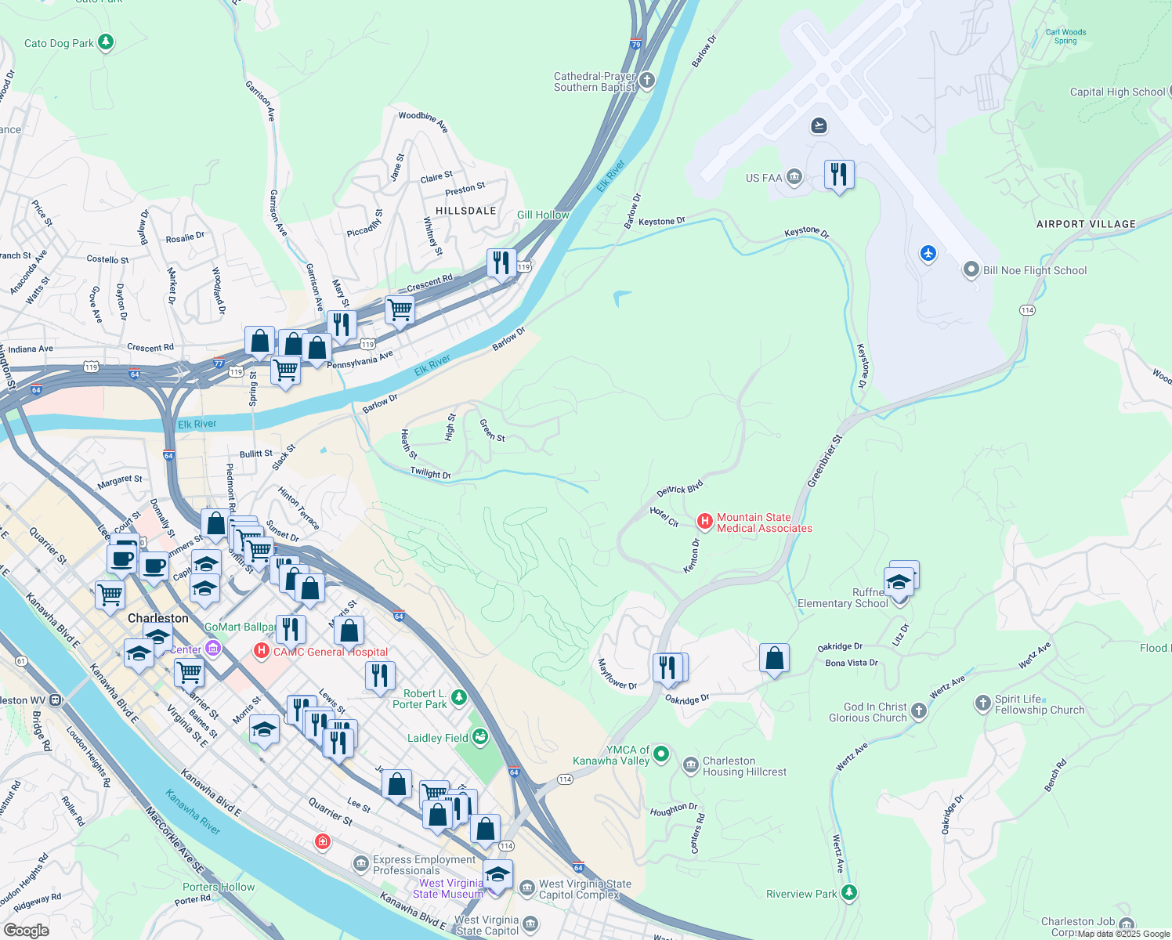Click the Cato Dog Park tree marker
[106, 42]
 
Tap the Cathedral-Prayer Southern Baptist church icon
[647, 80]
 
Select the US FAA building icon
[794, 177]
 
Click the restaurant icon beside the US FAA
[839, 175]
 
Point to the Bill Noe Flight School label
[1035, 270]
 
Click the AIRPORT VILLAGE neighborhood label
[1086, 224]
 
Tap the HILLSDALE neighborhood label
[466, 211]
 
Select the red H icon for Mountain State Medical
[704, 521]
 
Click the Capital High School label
[1117, 92]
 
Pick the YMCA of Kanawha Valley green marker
[661, 754]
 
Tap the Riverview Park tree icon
[848, 892]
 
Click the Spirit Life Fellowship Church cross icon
[983, 703]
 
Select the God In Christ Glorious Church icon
[919, 710]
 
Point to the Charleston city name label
[158, 618]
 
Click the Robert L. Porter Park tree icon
[459, 696]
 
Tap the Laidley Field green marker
[480, 736]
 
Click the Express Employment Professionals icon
[361, 863]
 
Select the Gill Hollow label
[543, 215]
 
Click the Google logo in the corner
[27, 931]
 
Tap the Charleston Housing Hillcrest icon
[690, 765]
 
